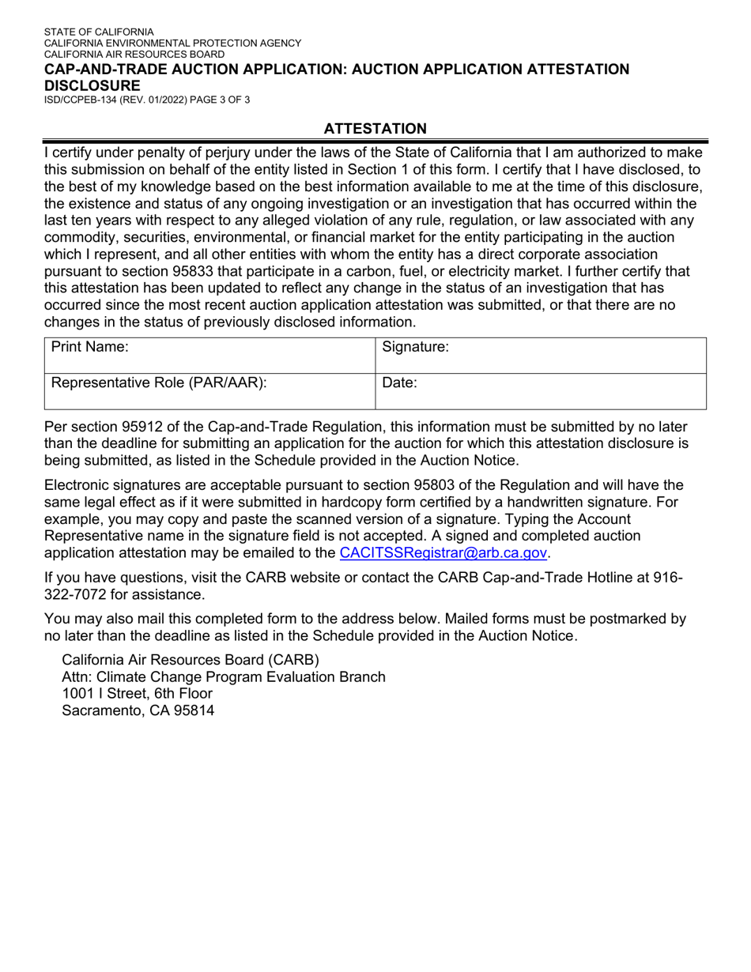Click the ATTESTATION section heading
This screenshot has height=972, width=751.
[375, 129]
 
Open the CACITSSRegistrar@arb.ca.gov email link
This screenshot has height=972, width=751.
[443, 552]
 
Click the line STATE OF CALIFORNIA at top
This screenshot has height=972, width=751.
[99, 32]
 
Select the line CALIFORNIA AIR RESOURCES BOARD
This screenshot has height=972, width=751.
[134, 55]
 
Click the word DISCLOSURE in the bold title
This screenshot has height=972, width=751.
[92, 85]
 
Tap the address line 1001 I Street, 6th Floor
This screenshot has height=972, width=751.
[137, 693]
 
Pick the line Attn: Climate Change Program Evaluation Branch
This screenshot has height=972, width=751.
[224, 676]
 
